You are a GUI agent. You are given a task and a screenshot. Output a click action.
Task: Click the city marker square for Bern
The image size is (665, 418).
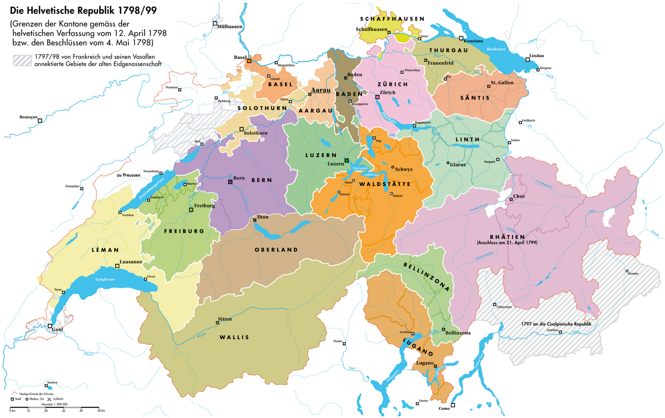(x=230, y=182)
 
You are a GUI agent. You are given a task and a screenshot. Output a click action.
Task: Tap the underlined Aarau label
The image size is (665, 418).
(x=320, y=90)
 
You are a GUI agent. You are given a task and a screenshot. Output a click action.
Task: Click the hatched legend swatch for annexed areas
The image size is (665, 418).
(x=22, y=60)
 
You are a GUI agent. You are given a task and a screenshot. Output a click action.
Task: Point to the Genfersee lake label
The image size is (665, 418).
(x=105, y=279)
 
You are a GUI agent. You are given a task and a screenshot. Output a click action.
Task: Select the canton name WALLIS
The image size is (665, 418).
(x=234, y=337)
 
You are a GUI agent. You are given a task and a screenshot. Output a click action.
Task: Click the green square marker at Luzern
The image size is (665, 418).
(x=347, y=161)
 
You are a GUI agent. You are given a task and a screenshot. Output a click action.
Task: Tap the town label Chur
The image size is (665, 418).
(x=519, y=196)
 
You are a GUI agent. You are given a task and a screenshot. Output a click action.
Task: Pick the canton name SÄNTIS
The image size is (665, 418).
(x=475, y=98)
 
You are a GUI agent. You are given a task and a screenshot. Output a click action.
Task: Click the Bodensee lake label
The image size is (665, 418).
(x=496, y=49)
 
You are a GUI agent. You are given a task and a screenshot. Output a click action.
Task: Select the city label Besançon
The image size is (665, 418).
(x=28, y=117)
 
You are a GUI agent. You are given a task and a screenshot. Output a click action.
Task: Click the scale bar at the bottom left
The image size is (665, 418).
(x=54, y=407)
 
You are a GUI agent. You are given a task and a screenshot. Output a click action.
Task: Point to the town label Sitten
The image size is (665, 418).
(x=225, y=319)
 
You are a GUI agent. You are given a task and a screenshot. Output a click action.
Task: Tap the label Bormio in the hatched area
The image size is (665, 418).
(x=633, y=273)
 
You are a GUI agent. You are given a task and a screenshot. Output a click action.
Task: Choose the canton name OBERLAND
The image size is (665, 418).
(x=276, y=250)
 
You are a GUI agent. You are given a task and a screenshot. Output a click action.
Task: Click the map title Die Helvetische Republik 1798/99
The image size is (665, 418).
(x=84, y=10)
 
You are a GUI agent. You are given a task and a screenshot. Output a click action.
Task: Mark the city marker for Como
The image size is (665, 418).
(x=453, y=405)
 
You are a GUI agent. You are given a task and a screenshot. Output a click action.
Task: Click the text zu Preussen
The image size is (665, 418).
(x=128, y=175)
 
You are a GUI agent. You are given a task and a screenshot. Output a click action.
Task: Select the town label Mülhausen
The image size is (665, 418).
(x=229, y=27)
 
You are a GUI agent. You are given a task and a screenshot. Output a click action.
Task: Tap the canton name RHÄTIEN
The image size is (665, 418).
(x=507, y=237)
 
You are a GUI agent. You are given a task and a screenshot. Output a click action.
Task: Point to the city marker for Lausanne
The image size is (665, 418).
(x=117, y=265)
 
